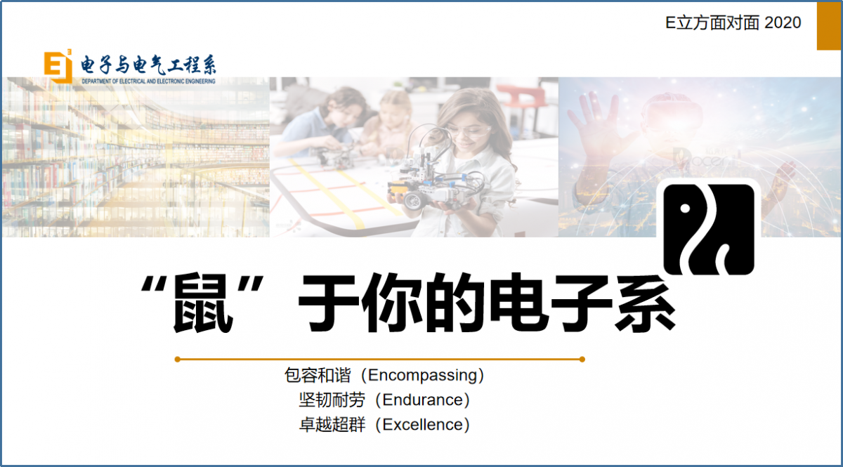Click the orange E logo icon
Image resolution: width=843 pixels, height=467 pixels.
pyautogui.click(x=58, y=66)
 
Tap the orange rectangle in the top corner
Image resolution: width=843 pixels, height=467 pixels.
pyautogui.click(x=829, y=25)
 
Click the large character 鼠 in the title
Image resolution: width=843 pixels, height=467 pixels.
pyautogui.click(x=203, y=303)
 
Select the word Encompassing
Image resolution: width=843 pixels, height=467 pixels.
pyautogui.click(x=422, y=375)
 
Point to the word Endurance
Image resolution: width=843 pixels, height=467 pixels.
pyautogui.click(x=423, y=400)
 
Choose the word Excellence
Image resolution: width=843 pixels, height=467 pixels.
pyautogui.click(x=423, y=424)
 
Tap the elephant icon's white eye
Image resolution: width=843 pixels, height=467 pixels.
pyautogui.click(x=685, y=209)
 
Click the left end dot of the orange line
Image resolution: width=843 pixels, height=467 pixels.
pyautogui.click(x=178, y=360)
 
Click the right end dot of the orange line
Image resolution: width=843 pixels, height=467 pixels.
pyautogui.click(x=582, y=360)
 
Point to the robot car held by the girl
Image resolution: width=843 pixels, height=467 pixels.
pyautogui.click(x=433, y=177)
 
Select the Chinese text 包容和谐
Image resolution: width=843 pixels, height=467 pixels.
pyautogui.click(x=318, y=375)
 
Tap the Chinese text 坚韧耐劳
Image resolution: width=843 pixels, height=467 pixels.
pyautogui.click(x=332, y=400)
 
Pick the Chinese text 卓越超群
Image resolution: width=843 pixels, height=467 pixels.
pyautogui.click(x=332, y=424)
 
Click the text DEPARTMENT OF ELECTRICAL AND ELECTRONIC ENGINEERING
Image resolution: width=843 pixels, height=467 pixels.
pyautogui.click(x=149, y=81)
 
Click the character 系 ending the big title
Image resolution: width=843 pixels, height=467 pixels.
pyautogui.click(x=646, y=303)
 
